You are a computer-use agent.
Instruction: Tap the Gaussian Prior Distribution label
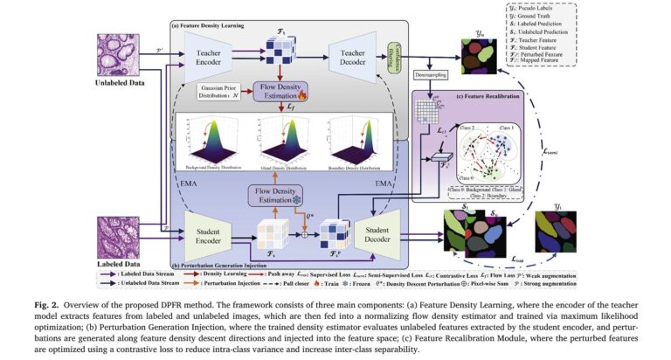[x=214, y=90]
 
